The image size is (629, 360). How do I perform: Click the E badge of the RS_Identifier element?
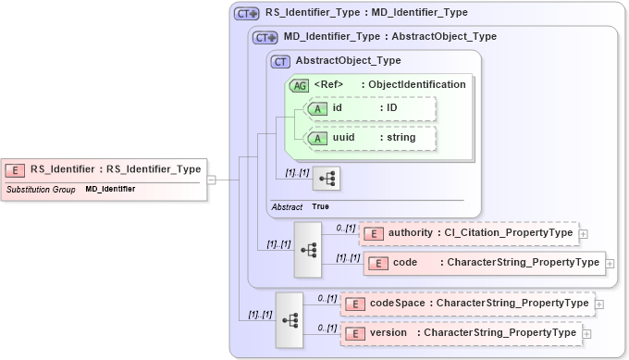pyautogui.click(x=16, y=169)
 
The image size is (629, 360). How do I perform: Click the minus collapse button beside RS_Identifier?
pyautogui.click(x=211, y=180)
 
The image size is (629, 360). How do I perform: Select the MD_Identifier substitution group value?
pyautogui.click(x=110, y=189)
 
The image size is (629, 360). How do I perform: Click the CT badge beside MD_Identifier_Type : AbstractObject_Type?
pyautogui.click(x=266, y=37)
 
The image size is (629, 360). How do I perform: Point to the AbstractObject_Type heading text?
pyautogui.click(x=348, y=61)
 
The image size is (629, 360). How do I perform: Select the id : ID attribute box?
pyautogui.click(x=371, y=108)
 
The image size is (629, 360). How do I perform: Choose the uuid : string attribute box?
pyautogui.click(x=371, y=138)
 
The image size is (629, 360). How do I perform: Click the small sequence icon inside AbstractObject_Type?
pyautogui.click(x=327, y=178)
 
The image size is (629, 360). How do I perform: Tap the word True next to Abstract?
pyautogui.click(x=320, y=206)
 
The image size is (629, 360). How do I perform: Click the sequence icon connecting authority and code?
pyautogui.click(x=308, y=250)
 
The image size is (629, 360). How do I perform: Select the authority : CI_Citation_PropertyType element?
pyautogui.click(x=469, y=233)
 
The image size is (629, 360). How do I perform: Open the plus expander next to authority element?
pyautogui.click(x=584, y=234)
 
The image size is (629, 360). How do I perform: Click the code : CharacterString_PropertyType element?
pyautogui.click(x=484, y=263)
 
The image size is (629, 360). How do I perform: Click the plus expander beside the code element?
pyautogui.click(x=611, y=264)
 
